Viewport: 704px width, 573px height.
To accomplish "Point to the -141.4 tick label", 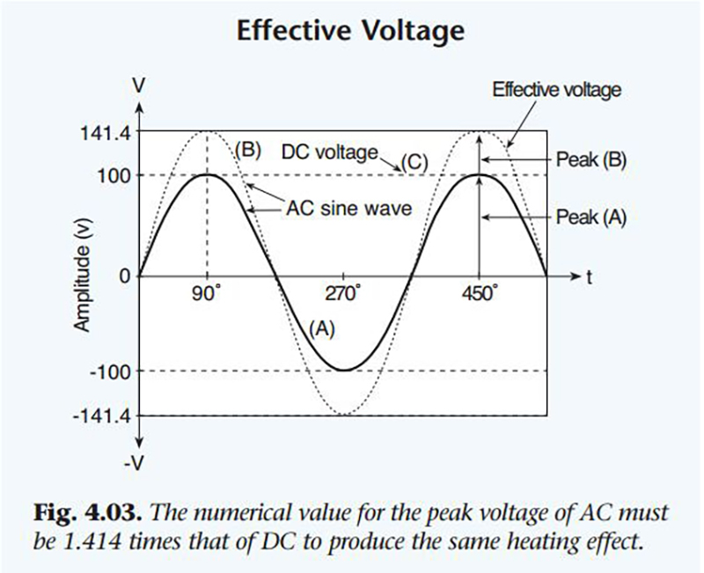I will coord(107,415).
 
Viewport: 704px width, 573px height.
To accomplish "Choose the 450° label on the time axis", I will coord(479,295).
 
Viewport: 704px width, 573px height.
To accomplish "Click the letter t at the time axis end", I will coord(588,275).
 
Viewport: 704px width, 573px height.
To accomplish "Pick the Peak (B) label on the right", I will coord(590,161).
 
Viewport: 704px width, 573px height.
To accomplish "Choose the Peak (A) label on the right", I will coord(590,217).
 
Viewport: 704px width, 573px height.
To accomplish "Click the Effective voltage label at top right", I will coord(556,89).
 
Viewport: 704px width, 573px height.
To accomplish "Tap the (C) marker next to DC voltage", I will coord(414,162).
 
